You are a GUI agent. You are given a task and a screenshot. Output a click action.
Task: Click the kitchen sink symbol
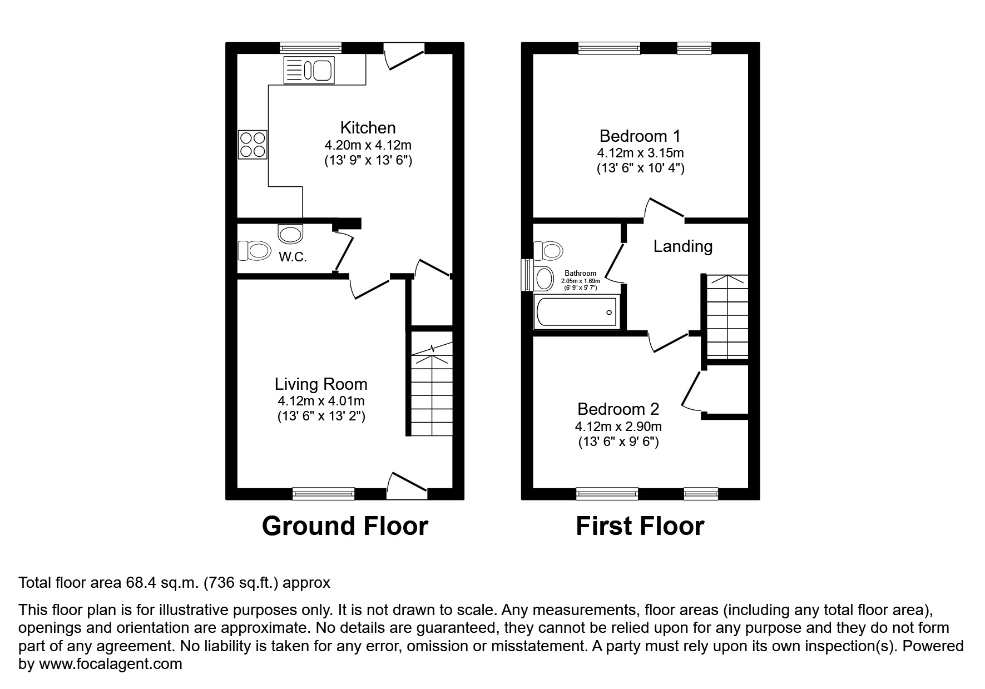point(308,70)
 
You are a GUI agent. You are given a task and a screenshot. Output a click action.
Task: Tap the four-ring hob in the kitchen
point(253,144)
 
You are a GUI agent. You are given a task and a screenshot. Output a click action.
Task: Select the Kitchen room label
point(368,128)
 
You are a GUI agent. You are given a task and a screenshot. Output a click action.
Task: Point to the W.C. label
point(293,257)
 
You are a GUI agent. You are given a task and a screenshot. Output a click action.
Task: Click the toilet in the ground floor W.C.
point(254,251)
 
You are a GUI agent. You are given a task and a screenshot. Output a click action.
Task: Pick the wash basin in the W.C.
point(290,234)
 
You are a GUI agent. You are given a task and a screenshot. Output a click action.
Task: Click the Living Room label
point(321,384)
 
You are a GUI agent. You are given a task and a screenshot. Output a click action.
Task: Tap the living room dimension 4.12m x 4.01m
point(321,401)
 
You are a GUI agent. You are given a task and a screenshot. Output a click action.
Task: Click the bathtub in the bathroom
point(576,312)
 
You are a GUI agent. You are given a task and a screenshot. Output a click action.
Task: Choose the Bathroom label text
point(580,273)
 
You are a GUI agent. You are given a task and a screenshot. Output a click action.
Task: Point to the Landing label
point(682,246)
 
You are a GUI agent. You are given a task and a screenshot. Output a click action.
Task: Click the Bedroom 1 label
point(640,136)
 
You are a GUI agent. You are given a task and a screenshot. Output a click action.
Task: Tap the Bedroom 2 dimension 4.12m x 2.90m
point(618,427)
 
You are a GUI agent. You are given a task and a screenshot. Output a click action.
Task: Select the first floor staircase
point(726,317)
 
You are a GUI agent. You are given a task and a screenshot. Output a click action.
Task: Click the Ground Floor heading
point(345,526)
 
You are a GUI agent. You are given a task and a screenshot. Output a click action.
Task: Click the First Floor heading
point(640,526)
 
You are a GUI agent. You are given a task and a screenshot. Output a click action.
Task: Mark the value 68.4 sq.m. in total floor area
point(161,583)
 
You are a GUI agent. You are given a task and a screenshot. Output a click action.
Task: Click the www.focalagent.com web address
point(110,664)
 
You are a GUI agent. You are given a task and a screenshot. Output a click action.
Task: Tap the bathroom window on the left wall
point(526,275)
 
